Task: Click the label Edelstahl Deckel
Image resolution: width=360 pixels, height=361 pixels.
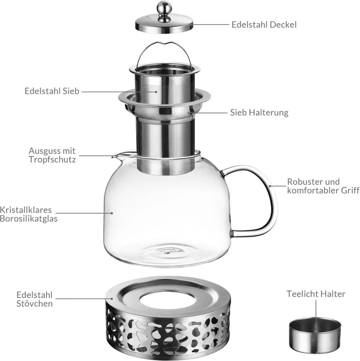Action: coord(264,25)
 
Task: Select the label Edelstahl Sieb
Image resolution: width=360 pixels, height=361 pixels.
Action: coord(52,91)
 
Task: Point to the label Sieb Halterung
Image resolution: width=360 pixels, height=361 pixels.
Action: coord(259,113)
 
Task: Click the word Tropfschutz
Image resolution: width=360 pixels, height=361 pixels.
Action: coord(52,159)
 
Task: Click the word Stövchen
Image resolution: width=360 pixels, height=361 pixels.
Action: coord(35,304)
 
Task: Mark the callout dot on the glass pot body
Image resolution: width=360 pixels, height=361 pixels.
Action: coord(112,213)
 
